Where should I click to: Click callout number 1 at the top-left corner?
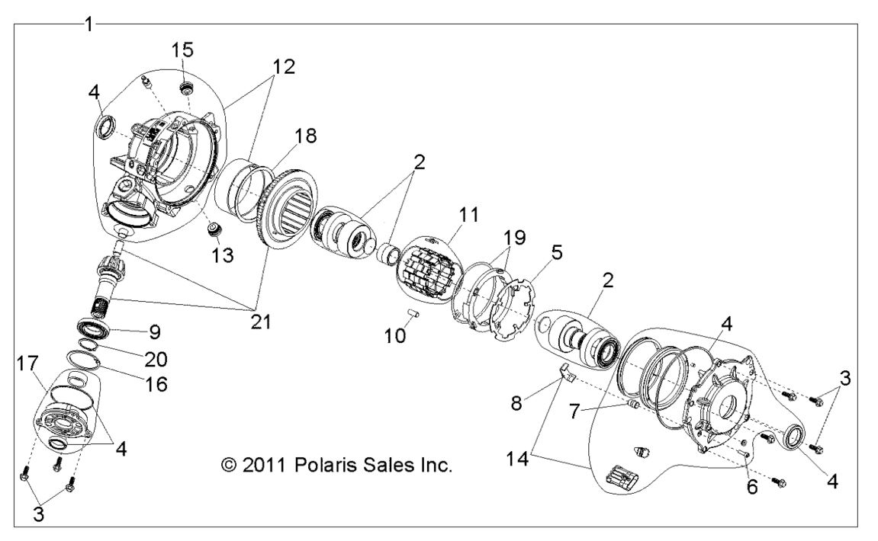click(88, 24)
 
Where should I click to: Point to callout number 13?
click(224, 255)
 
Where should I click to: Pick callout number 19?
click(514, 237)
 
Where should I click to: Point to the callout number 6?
click(751, 487)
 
